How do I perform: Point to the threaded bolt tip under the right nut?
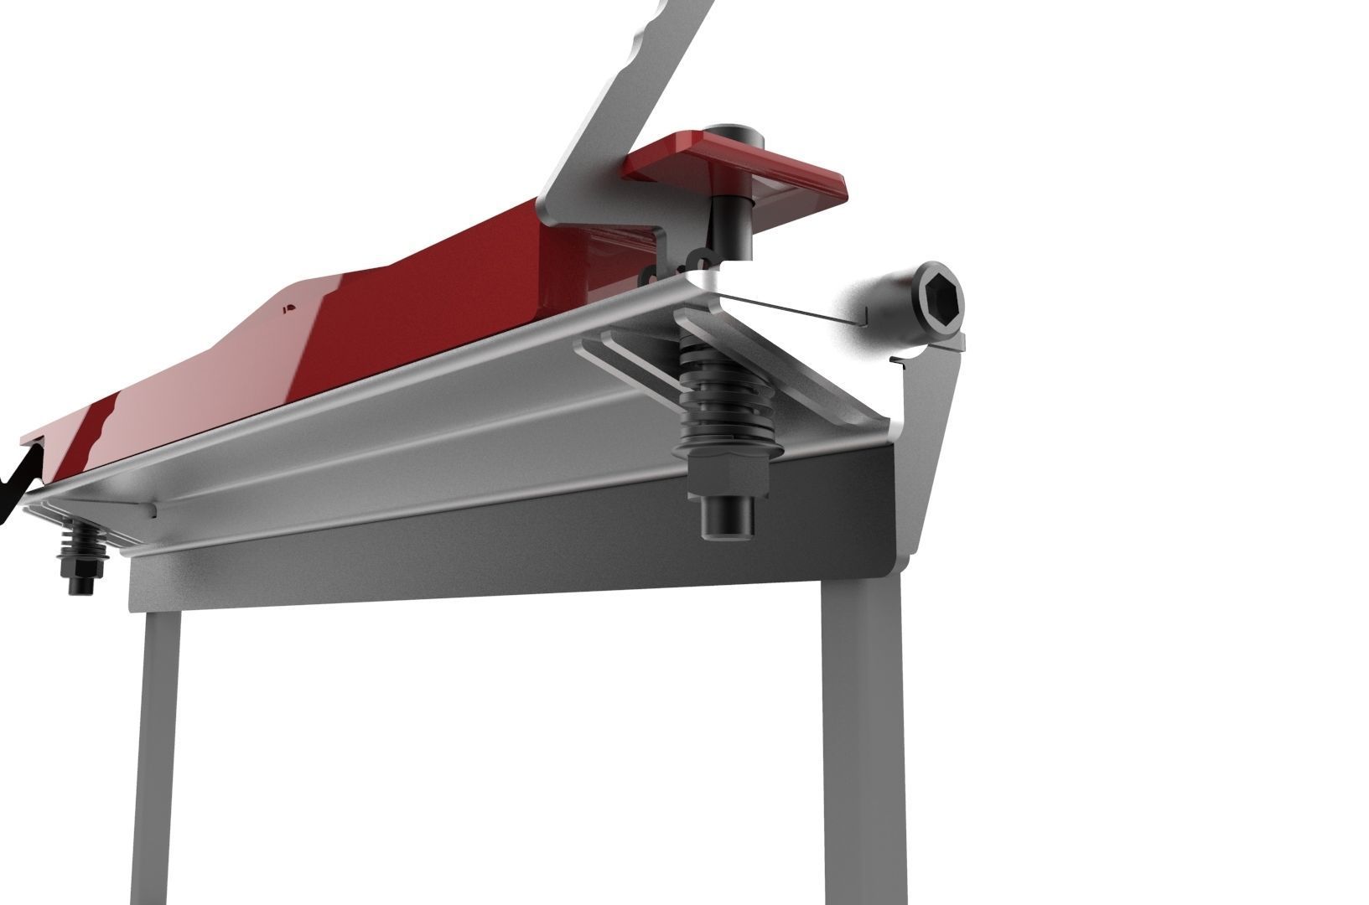click(x=726, y=520)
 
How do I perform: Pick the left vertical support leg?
click(x=160, y=754)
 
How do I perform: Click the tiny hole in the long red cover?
click(x=288, y=308)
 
